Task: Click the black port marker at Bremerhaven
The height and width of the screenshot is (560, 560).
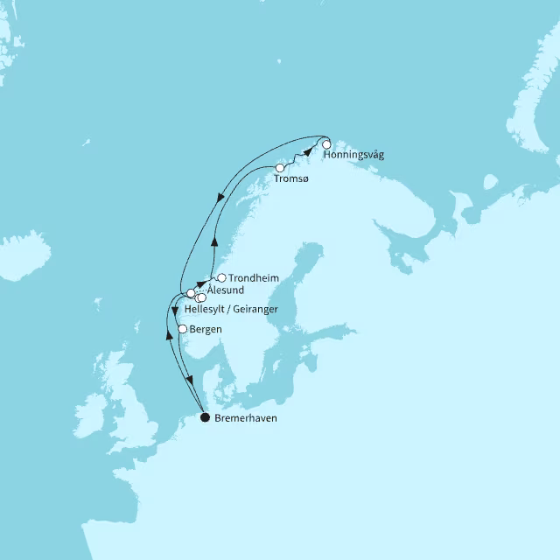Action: click(x=206, y=417)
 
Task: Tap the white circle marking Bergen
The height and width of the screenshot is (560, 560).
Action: click(x=182, y=329)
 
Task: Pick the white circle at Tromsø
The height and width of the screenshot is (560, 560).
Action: click(x=280, y=167)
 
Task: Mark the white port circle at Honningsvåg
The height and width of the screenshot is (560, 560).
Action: click(x=326, y=144)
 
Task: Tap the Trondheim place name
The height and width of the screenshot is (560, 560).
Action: click(x=254, y=278)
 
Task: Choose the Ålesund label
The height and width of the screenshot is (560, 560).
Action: click(x=226, y=290)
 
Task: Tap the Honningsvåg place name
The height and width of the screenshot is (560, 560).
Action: click(x=353, y=156)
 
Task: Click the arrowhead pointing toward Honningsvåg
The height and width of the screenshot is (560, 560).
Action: click(x=307, y=152)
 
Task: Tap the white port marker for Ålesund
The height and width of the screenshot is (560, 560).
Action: click(x=190, y=293)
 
